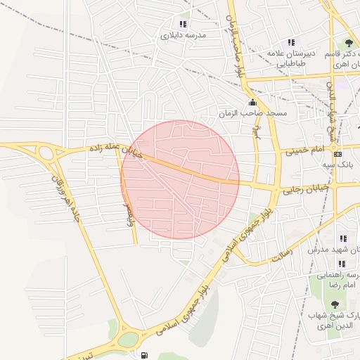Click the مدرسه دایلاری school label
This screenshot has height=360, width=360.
coord(183,35)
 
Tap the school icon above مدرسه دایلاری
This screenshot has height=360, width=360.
coord(184,24)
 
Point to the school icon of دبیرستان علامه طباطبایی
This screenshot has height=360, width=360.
coord(292,43)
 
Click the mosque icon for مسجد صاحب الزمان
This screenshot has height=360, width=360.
coord(254,103)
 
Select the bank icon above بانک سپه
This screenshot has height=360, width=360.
coord(338,154)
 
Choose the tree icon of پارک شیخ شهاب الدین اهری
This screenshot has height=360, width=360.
coord(334,304)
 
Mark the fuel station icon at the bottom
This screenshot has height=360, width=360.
coord(145,356)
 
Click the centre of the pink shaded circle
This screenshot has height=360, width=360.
coord(180,179)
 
